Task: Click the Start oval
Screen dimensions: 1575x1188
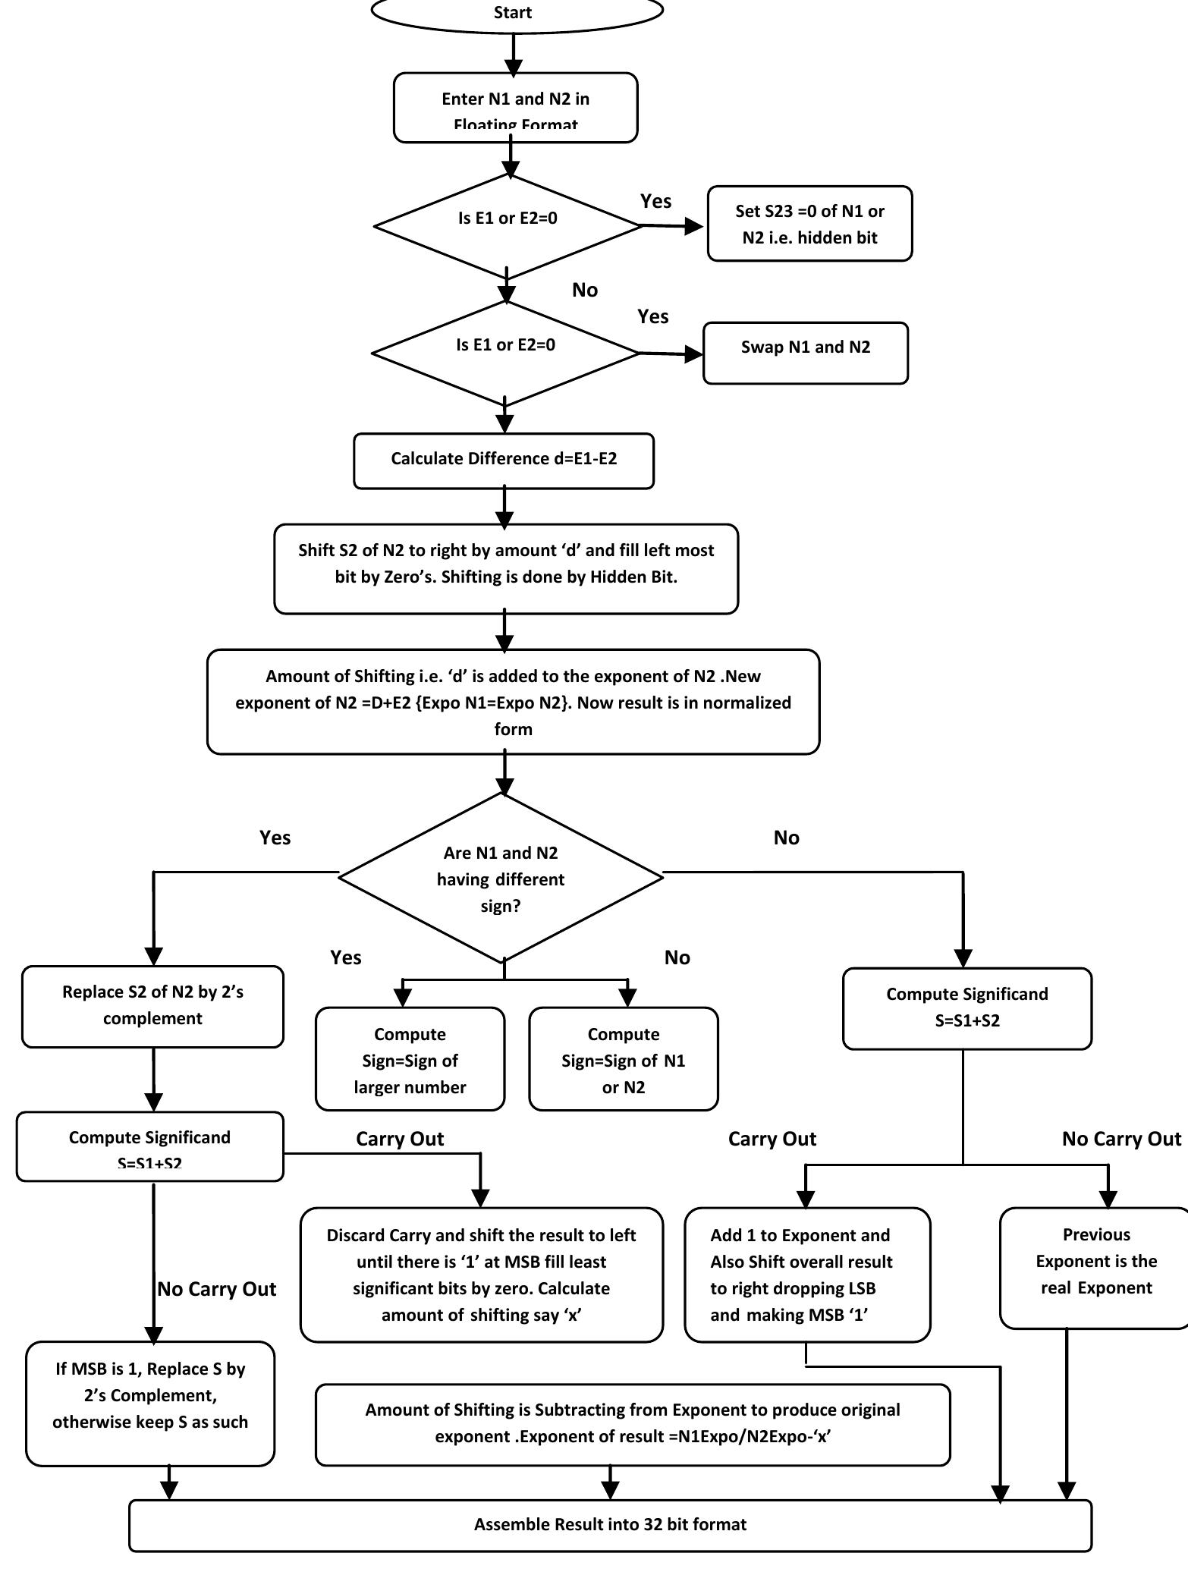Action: pyautogui.click(x=516, y=11)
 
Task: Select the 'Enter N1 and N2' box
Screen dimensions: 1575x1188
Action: pyautogui.click(x=516, y=108)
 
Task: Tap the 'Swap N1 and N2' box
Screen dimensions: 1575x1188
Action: pyautogui.click(x=806, y=353)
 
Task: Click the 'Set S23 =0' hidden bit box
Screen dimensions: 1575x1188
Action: pyautogui.click(x=809, y=224)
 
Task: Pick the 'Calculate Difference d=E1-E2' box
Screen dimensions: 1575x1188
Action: pyautogui.click(x=504, y=461)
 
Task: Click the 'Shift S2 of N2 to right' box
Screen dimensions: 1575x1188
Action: pyautogui.click(x=506, y=568)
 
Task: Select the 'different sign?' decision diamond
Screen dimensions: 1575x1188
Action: pyautogui.click(x=501, y=878)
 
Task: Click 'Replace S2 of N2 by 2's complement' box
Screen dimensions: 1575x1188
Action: pyautogui.click(x=152, y=1006)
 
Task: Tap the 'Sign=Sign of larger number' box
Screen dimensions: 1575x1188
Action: pyautogui.click(x=410, y=1059)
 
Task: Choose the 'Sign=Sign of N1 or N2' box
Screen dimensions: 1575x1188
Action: pyautogui.click(x=623, y=1059)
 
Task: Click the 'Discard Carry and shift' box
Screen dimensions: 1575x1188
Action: pyautogui.click(x=481, y=1275)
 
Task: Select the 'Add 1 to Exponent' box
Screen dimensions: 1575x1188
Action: pyautogui.click(x=807, y=1275)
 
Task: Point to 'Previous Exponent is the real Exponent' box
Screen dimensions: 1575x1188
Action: pyautogui.click(x=1096, y=1267)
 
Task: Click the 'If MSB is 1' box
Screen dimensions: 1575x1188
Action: pyautogui.click(x=150, y=1403)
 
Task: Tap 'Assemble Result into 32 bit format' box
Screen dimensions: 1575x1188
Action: pyautogui.click(x=610, y=1524)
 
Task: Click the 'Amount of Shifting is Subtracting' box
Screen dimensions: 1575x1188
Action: pyautogui.click(x=633, y=1424)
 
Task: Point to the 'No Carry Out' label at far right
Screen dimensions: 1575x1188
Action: pyautogui.click(x=1121, y=1139)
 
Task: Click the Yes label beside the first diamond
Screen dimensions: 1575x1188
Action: pyautogui.click(x=655, y=201)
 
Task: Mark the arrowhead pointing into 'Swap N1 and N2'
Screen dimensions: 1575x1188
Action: pyautogui.click(x=693, y=354)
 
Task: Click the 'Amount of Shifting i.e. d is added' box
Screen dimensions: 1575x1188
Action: pyautogui.click(x=513, y=702)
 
